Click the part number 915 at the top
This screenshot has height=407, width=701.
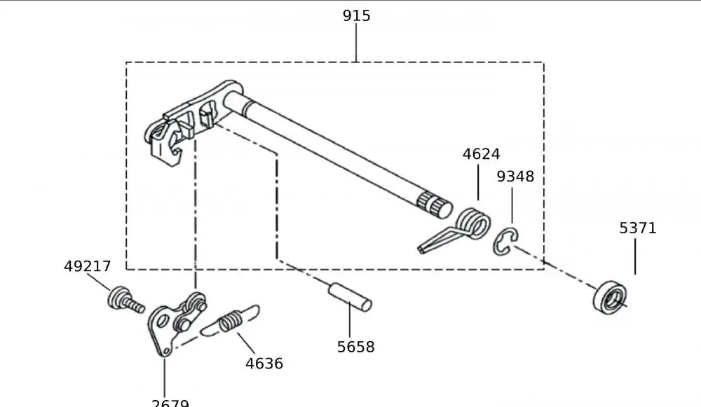pyautogui.click(x=356, y=15)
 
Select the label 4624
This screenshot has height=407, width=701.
pyautogui.click(x=481, y=154)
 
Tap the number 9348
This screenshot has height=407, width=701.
pyautogui.click(x=515, y=177)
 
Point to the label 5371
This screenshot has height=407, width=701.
pyautogui.click(x=638, y=228)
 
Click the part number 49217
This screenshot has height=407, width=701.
pyautogui.click(x=88, y=266)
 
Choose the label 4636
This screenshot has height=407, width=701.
pyautogui.click(x=264, y=364)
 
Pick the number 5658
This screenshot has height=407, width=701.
pyautogui.click(x=355, y=347)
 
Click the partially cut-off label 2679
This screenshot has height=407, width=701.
pyautogui.click(x=170, y=402)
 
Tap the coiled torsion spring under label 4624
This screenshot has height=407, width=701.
pyautogui.click(x=472, y=223)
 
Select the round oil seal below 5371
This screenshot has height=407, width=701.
pyautogui.click(x=609, y=296)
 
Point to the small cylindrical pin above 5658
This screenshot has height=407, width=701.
pyautogui.click(x=350, y=294)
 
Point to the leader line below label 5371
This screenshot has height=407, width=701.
pyautogui.click(x=636, y=256)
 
